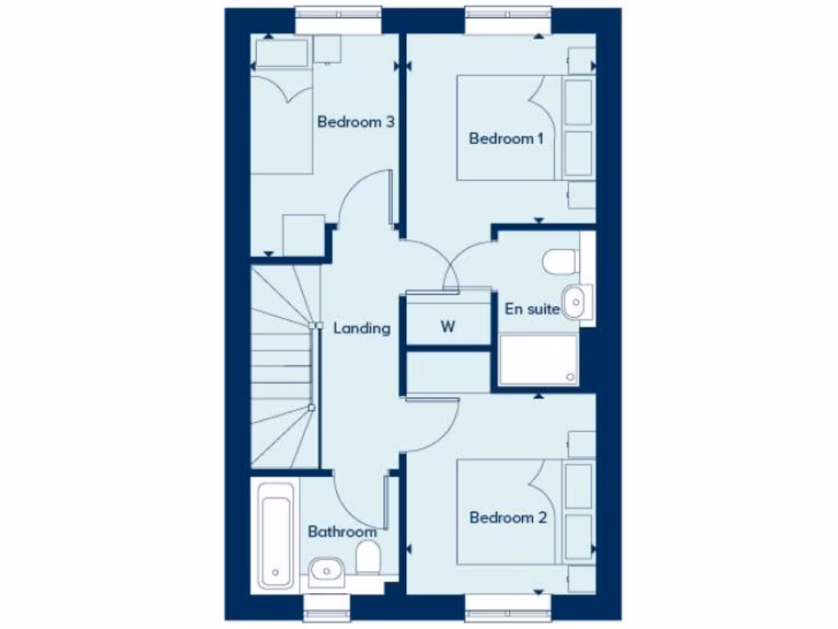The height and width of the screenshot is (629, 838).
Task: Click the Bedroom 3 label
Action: (356, 123)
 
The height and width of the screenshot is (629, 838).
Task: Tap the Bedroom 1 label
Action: (506, 138)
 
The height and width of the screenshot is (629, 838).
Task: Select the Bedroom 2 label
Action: (507, 518)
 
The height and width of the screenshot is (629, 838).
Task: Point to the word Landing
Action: (362, 328)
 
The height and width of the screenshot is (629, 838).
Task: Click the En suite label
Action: (533, 310)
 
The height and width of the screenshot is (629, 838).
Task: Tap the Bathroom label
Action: (342, 532)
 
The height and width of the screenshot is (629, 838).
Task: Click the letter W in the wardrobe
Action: (448, 327)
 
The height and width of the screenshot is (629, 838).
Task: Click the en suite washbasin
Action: (577, 302)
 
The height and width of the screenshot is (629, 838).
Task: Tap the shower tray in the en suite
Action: (538, 359)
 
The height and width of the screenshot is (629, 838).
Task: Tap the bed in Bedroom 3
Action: (282, 123)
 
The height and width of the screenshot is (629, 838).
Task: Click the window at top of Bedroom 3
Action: (338, 20)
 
